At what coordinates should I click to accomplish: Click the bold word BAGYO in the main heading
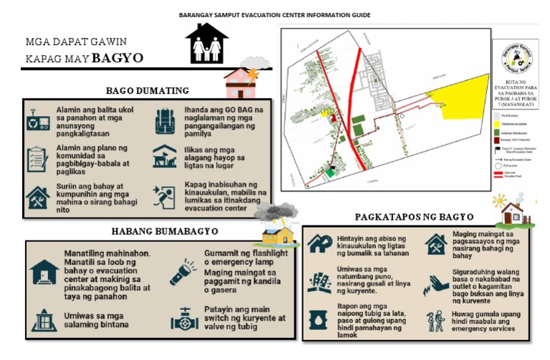(x=117, y=57)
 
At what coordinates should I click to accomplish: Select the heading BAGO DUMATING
(x=147, y=90)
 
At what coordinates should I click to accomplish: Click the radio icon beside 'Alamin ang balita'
(x=36, y=120)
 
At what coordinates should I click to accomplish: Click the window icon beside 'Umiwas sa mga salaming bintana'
(x=44, y=319)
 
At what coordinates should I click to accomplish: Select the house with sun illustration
(x=511, y=211)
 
